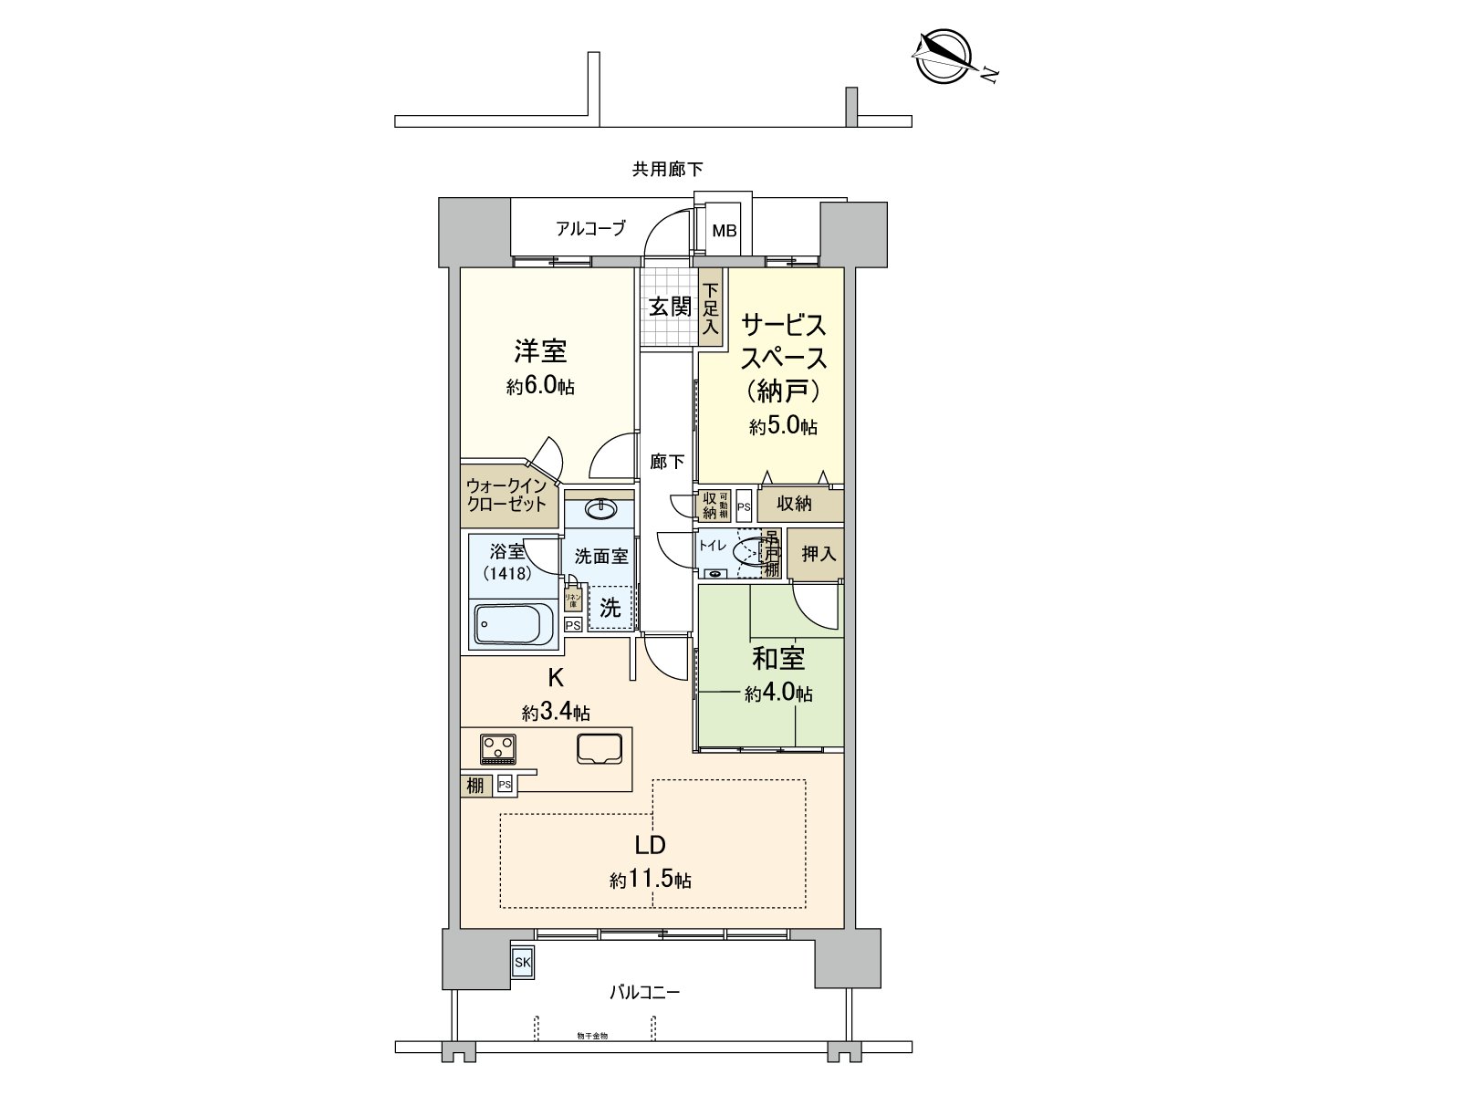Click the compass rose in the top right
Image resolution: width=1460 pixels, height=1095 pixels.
pos(941,55)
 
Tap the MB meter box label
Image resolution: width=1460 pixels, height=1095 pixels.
pos(725,231)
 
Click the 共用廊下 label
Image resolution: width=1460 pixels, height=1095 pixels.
pos(668,169)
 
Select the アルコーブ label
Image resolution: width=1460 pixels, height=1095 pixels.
pos(591,228)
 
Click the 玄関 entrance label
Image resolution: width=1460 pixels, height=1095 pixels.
pos(670,307)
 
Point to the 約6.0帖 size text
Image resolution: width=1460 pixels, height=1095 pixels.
pos(540,386)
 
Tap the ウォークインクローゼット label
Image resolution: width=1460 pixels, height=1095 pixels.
pos(506,495)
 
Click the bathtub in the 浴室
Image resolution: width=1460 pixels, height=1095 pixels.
pos(514,624)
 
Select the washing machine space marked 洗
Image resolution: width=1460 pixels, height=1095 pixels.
pos(610,607)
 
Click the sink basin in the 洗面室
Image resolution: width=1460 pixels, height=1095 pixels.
pos(600,509)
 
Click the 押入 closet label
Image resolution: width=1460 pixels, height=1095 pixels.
pos(819,553)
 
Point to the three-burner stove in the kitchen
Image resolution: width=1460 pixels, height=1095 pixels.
pos(498,749)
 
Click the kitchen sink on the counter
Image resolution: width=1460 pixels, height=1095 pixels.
pos(600,748)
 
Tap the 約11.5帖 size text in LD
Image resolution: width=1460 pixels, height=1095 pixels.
pos(651,880)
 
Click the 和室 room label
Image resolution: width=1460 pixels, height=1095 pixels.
pos(778,658)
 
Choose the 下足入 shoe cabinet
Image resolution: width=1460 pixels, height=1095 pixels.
pos(711,307)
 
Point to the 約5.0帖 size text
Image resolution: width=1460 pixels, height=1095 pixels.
pos(783,425)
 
